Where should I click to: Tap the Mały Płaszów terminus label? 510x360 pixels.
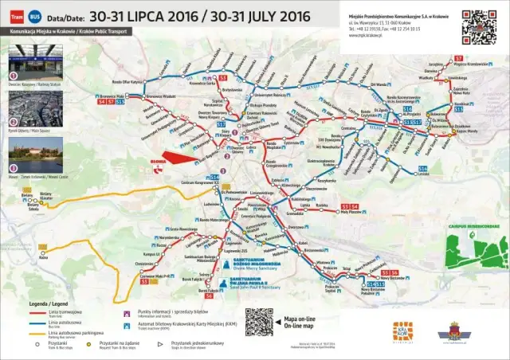coord(352,213)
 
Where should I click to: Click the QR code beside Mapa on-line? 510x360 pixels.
coord(259,322)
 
